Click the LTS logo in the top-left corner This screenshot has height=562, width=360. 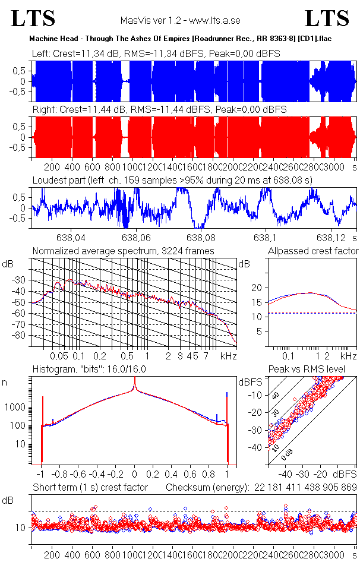[33, 18]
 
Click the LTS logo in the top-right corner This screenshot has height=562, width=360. [327, 18]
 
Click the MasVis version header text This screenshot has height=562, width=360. [179, 20]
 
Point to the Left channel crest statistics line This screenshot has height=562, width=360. [156, 54]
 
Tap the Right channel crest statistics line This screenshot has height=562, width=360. [159, 110]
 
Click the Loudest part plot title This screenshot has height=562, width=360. [172, 179]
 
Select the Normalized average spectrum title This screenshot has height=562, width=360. [124, 251]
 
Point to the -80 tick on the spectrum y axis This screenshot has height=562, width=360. [24, 336]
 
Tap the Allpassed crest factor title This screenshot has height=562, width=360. [313, 251]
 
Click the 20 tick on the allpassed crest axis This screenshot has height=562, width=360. [257, 288]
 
